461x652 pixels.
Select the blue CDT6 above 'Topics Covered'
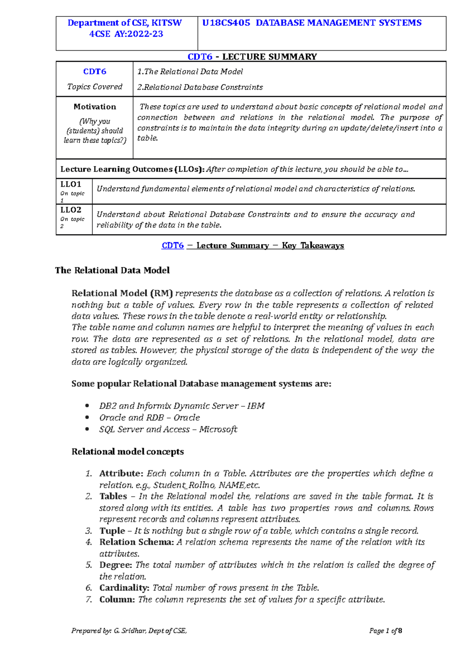95,72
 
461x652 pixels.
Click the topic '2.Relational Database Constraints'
200,87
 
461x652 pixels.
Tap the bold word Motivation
95,107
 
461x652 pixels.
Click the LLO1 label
71,184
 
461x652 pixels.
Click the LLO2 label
71,210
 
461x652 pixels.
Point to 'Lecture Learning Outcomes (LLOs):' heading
133,169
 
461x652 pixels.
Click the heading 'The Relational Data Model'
112,270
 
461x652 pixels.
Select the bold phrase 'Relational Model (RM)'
122,293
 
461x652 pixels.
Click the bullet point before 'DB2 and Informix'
87,406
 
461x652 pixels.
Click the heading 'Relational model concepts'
128,452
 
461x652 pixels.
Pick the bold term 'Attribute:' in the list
121,473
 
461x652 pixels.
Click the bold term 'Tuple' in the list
112,531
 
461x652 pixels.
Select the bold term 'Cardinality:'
124,588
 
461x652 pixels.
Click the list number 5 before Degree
89,565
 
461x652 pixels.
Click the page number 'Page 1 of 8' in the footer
385,630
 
